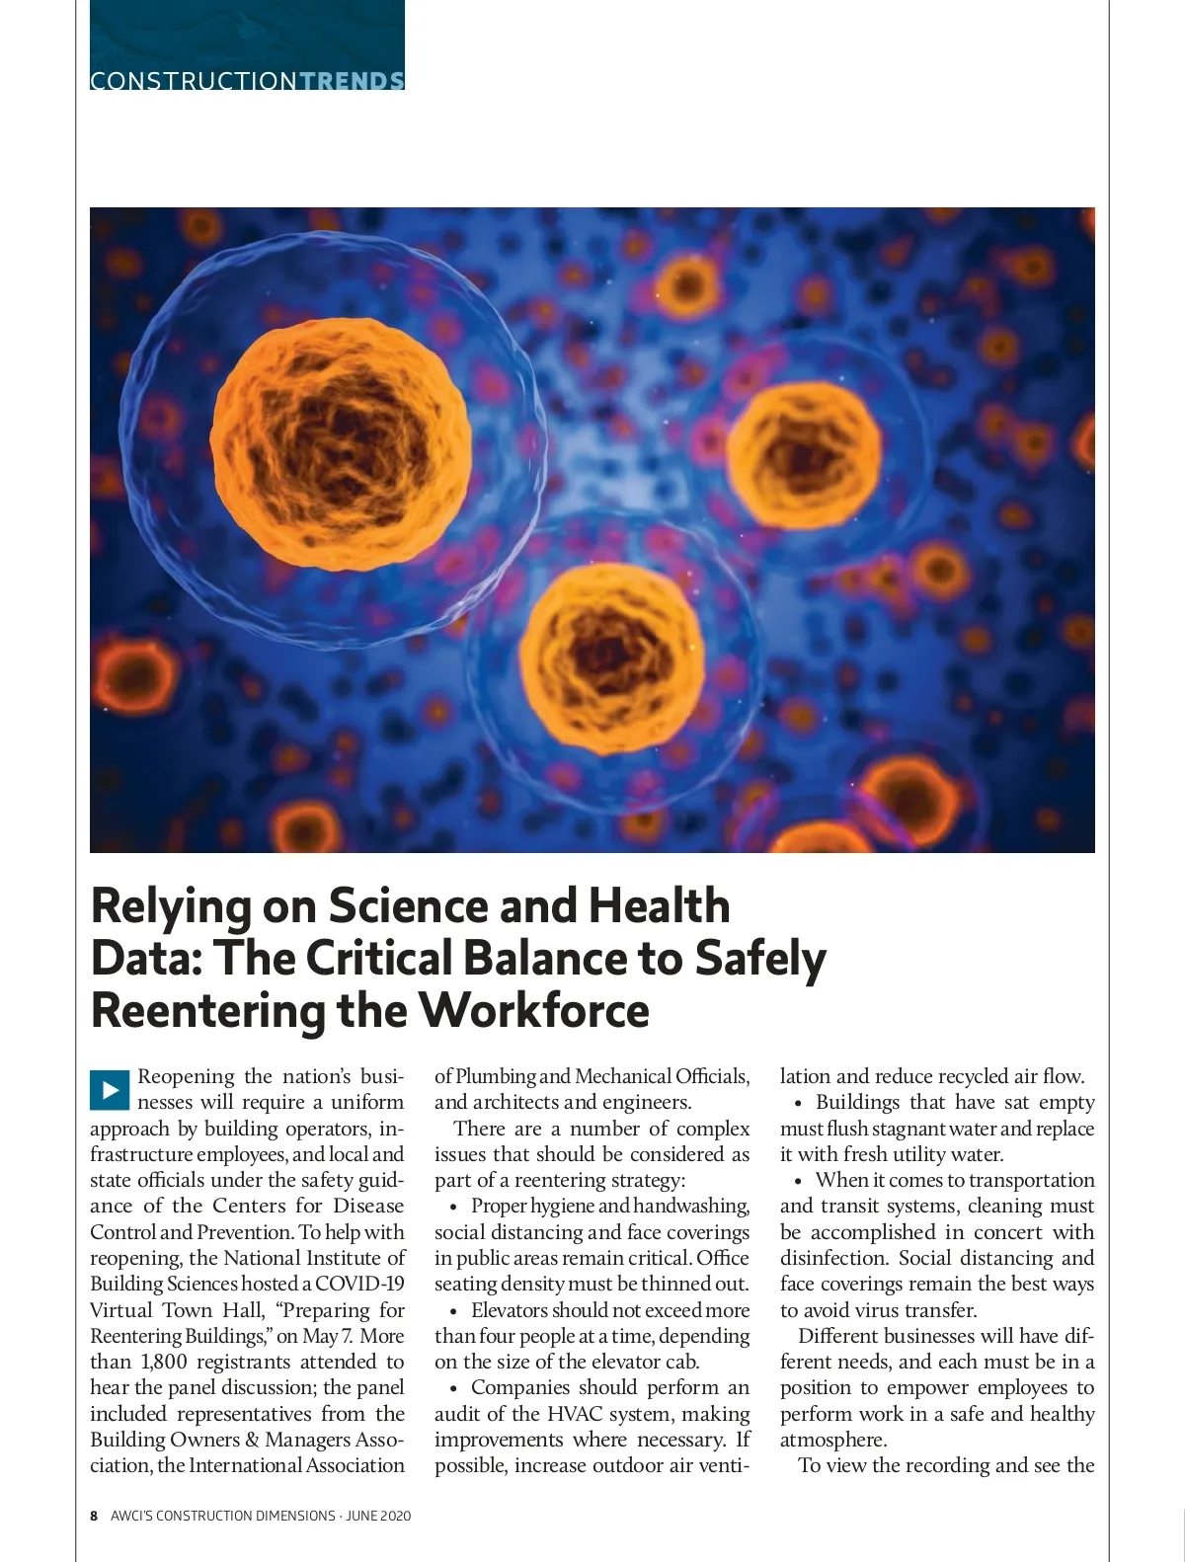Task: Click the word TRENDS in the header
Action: pyautogui.click(x=351, y=81)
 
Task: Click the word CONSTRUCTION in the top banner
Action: pyautogui.click(x=193, y=81)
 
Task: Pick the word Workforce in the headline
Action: pyautogui.click(x=534, y=1011)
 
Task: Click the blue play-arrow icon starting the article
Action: pyautogui.click(x=110, y=1089)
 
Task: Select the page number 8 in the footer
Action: pyautogui.click(x=94, y=1516)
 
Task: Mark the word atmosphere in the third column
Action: pyautogui.click(x=832, y=1441)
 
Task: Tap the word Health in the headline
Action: pyautogui.click(x=659, y=906)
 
